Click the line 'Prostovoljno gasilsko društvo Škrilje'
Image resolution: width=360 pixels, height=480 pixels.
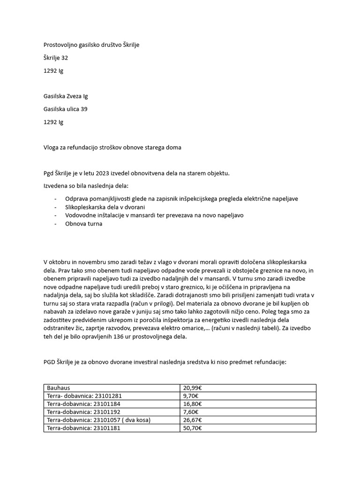coord(91,45)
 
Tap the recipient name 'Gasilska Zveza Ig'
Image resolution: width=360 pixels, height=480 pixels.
coord(65,97)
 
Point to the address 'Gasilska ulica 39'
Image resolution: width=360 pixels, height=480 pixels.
coord(65,109)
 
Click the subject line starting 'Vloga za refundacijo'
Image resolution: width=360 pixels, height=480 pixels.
coord(112,148)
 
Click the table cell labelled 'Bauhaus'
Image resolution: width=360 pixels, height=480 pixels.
coord(58,388)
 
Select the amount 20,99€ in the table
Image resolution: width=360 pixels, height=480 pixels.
coord(192,388)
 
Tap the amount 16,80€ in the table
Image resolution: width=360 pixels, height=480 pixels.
coord(192,404)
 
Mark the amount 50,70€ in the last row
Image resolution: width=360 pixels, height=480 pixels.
coord(192,428)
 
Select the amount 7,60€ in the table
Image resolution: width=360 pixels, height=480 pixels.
coord(191,412)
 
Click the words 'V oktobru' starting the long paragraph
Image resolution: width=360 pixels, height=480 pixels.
coord(56,261)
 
